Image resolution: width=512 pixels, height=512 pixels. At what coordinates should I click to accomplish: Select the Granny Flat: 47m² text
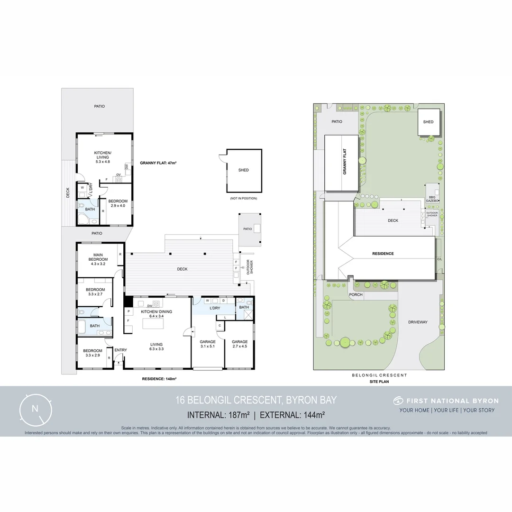(x=158, y=163)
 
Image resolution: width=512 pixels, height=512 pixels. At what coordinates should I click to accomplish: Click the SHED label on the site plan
(x=428, y=122)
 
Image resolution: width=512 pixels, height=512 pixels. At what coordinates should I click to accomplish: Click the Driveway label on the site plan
(x=418, y=322)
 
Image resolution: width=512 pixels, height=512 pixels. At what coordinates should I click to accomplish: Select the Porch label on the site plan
(x=356, y=294)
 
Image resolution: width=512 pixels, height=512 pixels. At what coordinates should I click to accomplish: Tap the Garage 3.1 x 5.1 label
(x=208, y=344)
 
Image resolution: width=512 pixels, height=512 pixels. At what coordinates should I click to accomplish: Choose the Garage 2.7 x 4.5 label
(x=240, y=344)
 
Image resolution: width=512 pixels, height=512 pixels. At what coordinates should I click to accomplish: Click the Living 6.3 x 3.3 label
(x=156, y=347)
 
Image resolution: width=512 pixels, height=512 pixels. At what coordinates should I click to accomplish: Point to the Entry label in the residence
(x=120, y=350)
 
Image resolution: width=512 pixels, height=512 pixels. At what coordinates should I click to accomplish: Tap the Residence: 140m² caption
(x=159, y=379)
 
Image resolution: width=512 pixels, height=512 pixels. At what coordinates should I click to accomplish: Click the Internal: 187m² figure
(x=219, y=415)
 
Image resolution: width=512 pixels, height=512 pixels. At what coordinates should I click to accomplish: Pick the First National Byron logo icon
(x=398, y=401)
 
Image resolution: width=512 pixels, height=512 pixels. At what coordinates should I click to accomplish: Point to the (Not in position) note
(x=243, y=198)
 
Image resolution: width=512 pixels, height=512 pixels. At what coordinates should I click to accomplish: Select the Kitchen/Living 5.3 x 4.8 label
(x=103, y=156)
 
